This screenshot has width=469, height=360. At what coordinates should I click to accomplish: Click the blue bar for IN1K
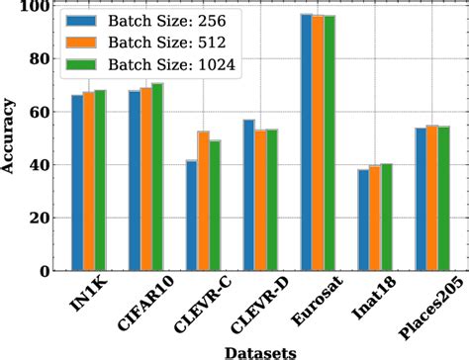click(77, 183)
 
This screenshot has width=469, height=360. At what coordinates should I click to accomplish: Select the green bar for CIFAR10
click(157, 177)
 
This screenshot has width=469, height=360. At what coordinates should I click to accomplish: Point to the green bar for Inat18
click(386, 218)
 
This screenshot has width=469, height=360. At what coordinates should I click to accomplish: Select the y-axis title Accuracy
click(9, 138)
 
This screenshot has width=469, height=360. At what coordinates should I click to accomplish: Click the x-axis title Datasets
click(256, 350)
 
